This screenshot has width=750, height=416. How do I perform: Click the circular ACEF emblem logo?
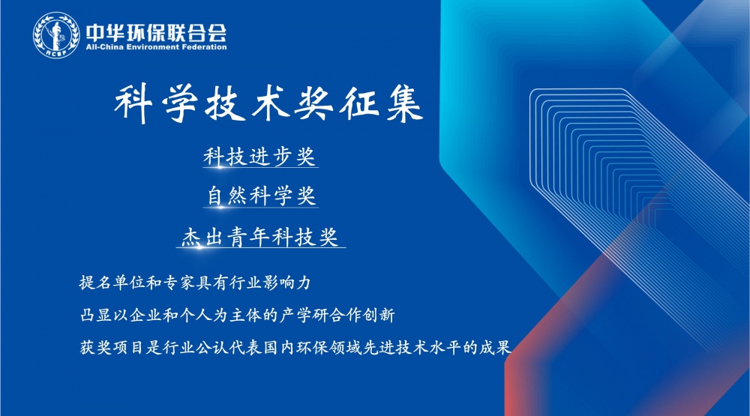tap(56, 35)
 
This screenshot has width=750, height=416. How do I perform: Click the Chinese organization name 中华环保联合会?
tap(157, 32)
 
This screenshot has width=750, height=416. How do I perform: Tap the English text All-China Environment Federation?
tap(157, 47)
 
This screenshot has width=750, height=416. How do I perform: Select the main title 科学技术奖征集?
tap(268, 103)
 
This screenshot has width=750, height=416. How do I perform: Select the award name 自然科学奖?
tap(261, 195)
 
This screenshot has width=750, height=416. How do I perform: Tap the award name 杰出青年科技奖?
tap(260, 236)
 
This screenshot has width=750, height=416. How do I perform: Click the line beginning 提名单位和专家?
tap(195, 283)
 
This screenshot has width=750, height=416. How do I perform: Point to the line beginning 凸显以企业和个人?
tap(237, 315)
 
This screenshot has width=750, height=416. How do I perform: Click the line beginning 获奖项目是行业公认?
tap(295, 347)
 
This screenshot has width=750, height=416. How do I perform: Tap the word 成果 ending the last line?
tap(495, 347)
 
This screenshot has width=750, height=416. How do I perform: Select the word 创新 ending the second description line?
tap(379, 315)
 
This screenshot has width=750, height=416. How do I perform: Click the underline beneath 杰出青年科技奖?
tap(261, 247)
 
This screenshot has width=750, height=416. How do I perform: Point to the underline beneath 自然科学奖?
tap(261, 207)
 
